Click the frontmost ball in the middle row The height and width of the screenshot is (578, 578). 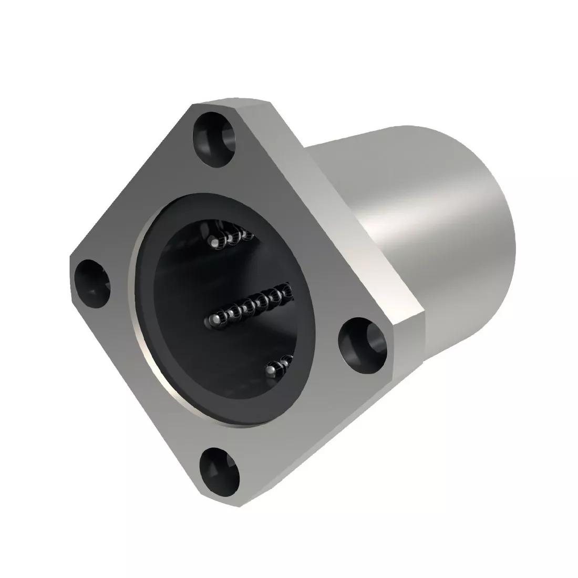[x=214, y=319]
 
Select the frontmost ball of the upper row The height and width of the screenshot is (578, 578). [x=214, y=242]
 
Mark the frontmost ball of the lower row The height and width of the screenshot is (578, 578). [x=270, y=371]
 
